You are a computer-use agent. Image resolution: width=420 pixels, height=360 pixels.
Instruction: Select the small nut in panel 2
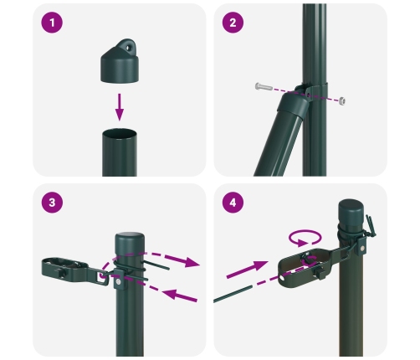point(343,100)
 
